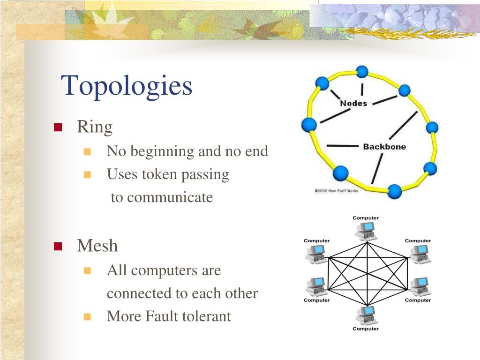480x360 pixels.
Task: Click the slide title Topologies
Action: click(127, 86)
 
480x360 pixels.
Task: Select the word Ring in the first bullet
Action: click(95, 127)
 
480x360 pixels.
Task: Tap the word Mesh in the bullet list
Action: click(97, 246)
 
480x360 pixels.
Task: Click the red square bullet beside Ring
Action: click(58, 127)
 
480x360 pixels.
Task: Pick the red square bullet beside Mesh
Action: click(58, 247)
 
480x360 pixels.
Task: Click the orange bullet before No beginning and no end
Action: click(87, 152)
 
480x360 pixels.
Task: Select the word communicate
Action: click(169, 197)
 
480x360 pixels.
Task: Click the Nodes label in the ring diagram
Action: click(353, 103)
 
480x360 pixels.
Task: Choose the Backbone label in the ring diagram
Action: click(384, 147)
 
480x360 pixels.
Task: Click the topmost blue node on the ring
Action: click(362, 72)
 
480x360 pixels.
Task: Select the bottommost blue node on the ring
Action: click(394, 191)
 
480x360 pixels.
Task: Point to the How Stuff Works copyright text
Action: click(336, 191)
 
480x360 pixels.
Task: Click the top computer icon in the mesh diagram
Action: click(366, 231)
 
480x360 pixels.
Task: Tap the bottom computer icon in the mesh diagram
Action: click(366, 315)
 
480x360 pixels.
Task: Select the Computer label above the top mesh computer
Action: click(366, 218)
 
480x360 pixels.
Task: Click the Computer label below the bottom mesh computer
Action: click(366, 329)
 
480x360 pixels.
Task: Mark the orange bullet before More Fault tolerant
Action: click(87, 317)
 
